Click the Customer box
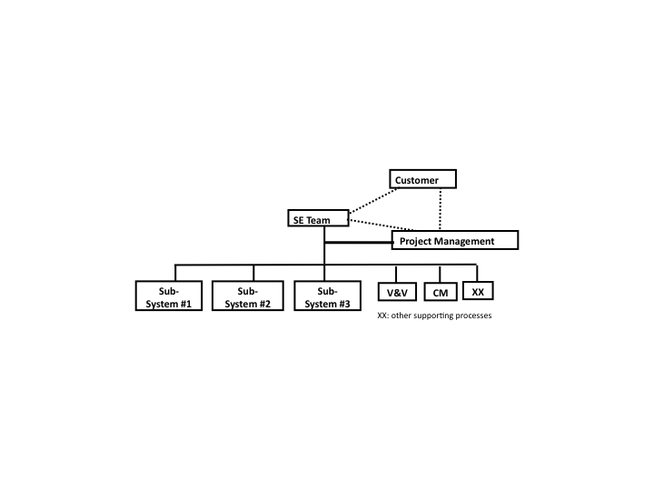click(x=422, y=179)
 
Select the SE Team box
click(x=318, y=218)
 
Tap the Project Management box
click(x=455, y=240)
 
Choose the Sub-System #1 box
click(x=169, y=296)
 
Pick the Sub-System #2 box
click(x=248, y=296)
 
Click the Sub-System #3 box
click(x=327, y=296)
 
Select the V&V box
click(x=397, y=292)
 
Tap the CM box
click(x=440, y=292)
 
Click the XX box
click(x=478, y=291)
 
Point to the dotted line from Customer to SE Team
click(x=373, y=201)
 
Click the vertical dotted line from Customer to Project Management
click(x=441, y=209)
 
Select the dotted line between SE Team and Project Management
click(x=382, y=225)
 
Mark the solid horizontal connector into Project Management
click(x=359, y=242)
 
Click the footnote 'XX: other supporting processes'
click(x=434, y=316)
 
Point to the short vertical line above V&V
click(x=396, y=274)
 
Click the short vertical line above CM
click(x=440, y=274)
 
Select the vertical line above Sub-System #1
click(x=175, y=273)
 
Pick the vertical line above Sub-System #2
click(x=253, y=273)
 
